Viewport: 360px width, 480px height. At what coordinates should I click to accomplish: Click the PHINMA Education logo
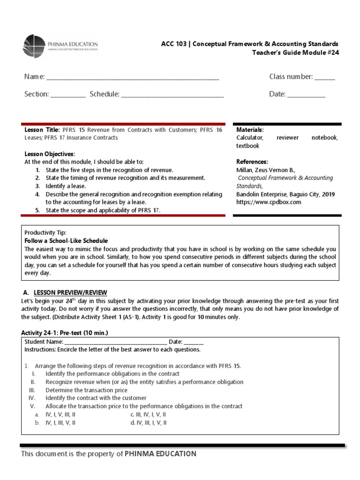(x=60, y=45)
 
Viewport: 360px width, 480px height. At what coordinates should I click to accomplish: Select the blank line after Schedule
(x=172, y=95)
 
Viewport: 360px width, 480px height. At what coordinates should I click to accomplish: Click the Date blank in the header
(x=306, y=95)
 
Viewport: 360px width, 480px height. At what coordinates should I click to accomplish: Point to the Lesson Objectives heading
(x=50, y=154)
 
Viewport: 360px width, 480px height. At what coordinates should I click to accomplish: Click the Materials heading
(x=250, y=129)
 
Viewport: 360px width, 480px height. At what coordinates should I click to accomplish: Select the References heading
(x=252, y=162)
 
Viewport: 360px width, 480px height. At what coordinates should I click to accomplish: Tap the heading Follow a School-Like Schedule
(x=66, y=240)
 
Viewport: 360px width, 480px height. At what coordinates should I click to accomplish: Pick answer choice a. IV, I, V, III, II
(x=55, y=414)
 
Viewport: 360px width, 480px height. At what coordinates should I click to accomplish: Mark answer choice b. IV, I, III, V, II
(x=55, y=422)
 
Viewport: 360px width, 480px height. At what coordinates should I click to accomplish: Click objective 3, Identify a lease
(x=66, y=186)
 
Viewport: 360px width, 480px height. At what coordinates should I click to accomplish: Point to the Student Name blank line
(x=115, y=342)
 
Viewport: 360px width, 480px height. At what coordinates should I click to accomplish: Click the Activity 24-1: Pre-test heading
(x=65, y=333)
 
